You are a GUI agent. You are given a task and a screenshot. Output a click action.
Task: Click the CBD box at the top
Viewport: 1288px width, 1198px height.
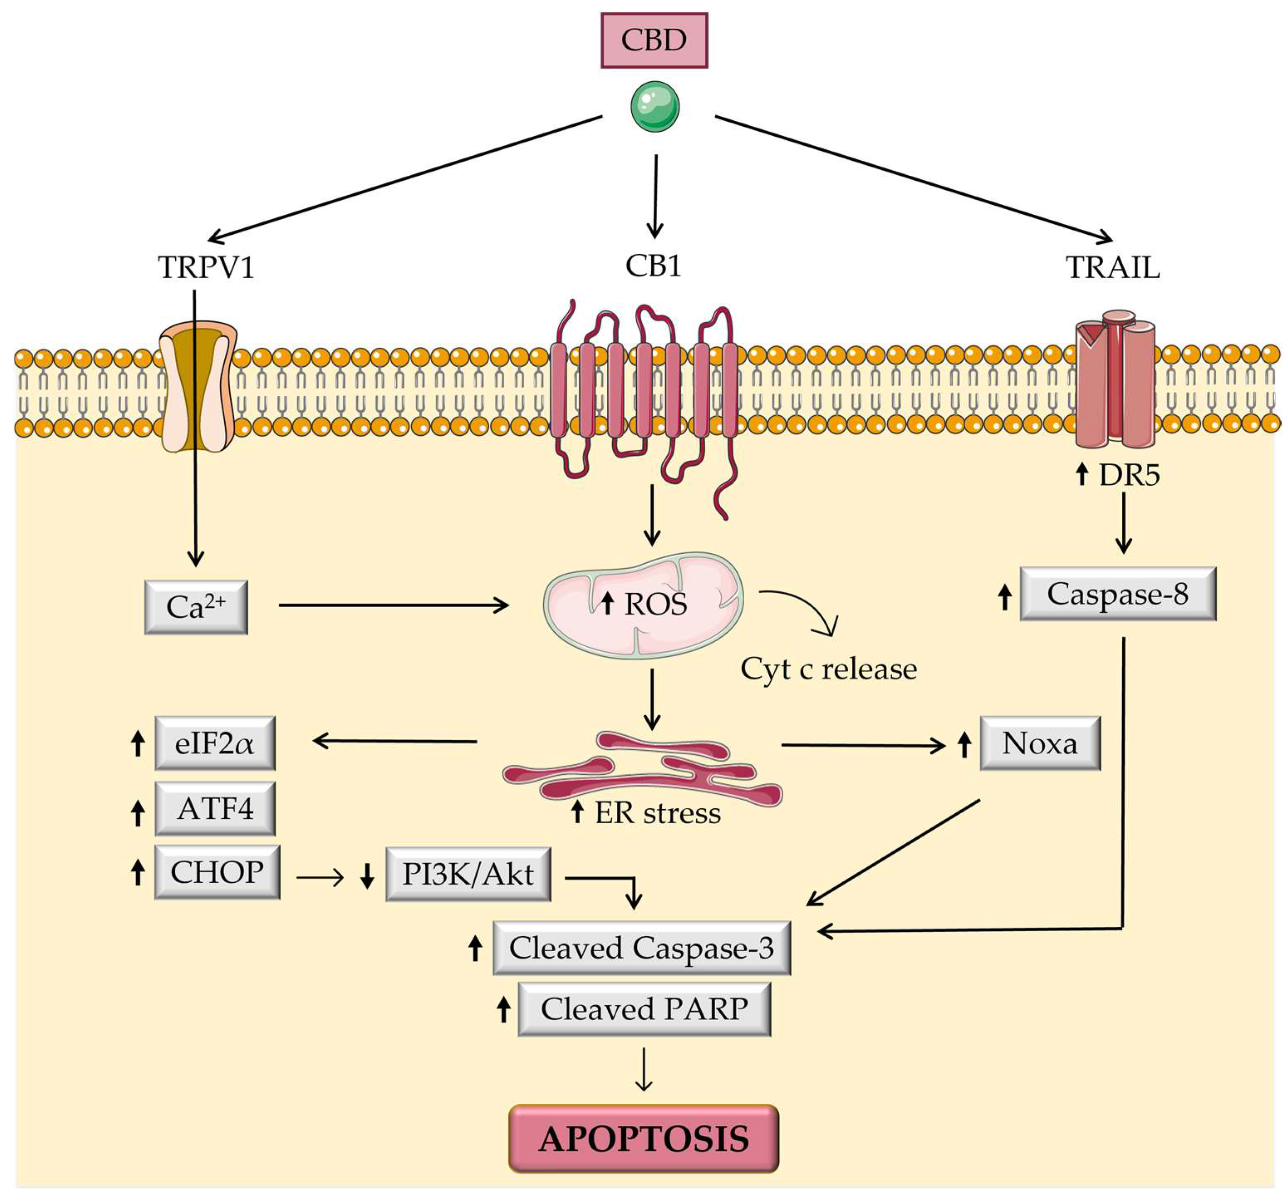pos(654,40)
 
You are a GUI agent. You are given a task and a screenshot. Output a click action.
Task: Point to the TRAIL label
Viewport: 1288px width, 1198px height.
pos(1112,267)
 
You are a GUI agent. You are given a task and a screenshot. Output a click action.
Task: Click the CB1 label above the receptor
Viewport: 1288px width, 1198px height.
pos(653,266)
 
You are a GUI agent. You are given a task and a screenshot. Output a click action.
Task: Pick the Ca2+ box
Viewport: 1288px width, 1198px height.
pos(196,607)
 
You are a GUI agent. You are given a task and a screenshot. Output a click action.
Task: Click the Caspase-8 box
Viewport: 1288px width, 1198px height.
pos(1118,594)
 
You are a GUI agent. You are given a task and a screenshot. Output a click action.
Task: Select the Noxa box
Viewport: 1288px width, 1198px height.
pos(1040,743)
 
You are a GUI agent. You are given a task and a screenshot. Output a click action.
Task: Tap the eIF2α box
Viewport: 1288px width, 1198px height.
pos(214,743)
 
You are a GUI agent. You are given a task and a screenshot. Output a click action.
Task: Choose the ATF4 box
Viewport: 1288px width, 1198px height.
pos(214,809)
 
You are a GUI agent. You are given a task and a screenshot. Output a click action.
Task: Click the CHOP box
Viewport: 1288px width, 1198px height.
pos(217,872)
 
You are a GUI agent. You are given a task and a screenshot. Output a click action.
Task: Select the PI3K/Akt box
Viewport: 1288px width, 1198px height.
pos(468,874)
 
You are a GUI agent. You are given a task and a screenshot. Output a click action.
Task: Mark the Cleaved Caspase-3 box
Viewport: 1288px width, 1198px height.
pos(641,948)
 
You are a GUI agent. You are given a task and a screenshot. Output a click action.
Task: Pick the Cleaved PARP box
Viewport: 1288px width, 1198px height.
pos(644,1009)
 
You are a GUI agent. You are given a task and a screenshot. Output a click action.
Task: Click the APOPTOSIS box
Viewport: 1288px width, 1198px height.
pos(643,1139)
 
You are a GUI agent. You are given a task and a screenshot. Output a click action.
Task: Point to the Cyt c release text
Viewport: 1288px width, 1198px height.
pos(829,669)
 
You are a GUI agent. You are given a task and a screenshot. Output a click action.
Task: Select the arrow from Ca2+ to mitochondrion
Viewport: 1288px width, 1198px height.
pos(393,606)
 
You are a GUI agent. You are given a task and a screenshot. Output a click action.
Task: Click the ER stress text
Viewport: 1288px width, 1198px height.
pos(657,813)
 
